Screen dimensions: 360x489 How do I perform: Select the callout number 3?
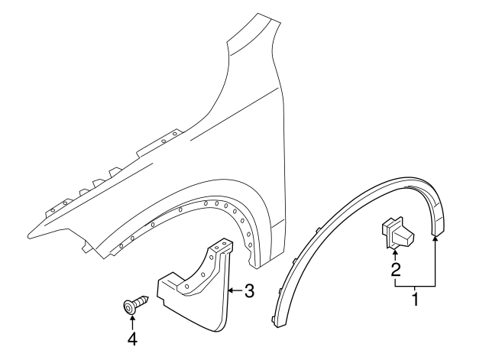click(x=248, y=290)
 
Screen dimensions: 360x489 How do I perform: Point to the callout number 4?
click(x=131, y=338)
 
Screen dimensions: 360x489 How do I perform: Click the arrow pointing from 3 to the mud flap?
click(x=234, y=290)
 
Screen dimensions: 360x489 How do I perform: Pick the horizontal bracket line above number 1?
click(x=415, y=286)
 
